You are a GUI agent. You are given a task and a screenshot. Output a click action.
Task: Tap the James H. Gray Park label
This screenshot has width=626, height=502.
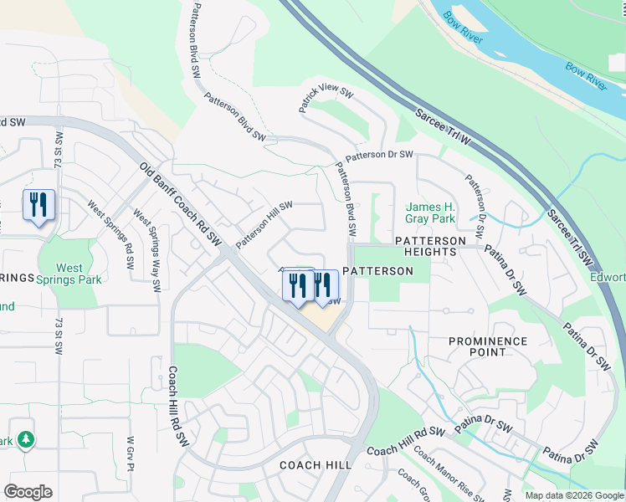(x=430, y=213)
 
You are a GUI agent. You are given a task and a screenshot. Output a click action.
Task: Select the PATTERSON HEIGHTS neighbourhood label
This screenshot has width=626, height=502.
(x=430, y=246)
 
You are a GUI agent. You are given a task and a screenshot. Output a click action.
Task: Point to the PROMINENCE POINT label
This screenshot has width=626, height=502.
(x=488, y=346)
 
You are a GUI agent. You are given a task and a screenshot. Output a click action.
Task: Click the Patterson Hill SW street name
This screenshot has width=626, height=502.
(x=264, y=224)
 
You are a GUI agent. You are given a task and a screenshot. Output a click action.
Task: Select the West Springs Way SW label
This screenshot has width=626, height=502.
(x=146, y=248)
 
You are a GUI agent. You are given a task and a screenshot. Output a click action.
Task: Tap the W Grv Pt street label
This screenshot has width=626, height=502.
(x=131, y=453)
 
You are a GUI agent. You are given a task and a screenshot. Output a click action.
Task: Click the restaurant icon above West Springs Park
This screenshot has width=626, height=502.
(x=38, y=205)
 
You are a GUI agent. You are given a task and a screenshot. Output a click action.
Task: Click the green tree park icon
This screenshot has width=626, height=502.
(x=26, y=439)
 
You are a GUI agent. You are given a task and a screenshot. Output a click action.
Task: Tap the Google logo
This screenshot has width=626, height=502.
(x=28, y=492)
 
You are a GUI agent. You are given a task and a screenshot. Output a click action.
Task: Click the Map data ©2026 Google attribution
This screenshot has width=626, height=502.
(x=574, y=495)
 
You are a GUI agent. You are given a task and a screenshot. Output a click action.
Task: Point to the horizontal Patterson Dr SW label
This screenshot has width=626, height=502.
(x=380, y=155)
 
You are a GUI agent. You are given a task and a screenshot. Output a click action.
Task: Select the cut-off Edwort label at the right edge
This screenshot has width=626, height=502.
(x=608, y=277)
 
